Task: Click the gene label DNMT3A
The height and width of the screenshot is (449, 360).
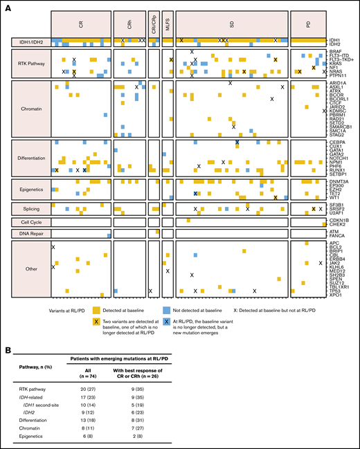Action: [339, 181]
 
